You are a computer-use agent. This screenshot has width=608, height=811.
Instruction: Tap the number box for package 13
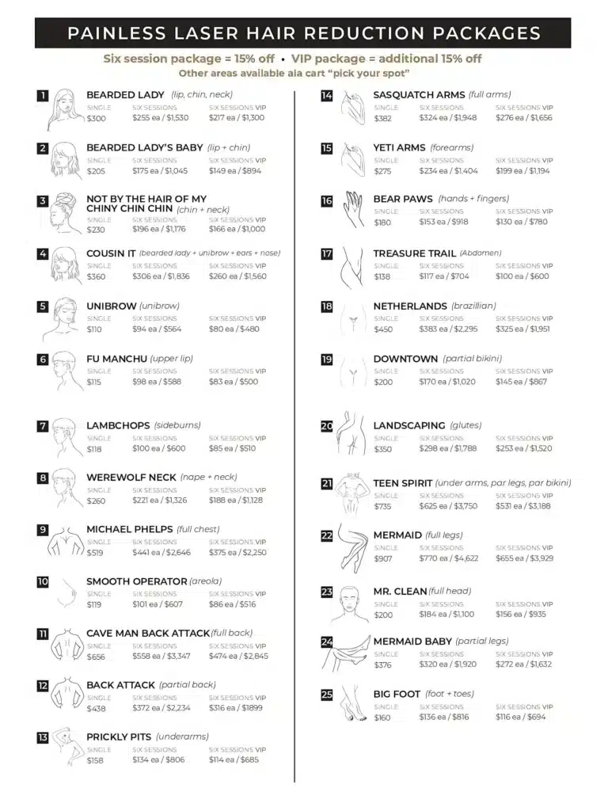pos(43,737)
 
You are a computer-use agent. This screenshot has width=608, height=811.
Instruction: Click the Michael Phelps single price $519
pos(96,553)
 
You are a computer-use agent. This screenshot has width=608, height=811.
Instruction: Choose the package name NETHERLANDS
pos(410,306)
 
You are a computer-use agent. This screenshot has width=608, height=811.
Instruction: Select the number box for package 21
pos(327,483)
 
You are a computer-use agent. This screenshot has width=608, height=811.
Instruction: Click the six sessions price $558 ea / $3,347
pos(161,656)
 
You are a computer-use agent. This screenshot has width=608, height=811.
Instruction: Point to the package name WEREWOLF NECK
pos(131,478)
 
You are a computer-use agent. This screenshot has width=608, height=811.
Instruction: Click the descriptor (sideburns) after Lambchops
pos(177,425)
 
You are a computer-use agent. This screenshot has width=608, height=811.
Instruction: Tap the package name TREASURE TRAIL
pos(414,253)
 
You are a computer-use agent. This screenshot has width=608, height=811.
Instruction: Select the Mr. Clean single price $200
pos(383,614)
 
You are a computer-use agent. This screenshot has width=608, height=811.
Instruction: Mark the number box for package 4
pos(43,254)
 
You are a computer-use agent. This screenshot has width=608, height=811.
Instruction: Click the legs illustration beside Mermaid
pos(350,546)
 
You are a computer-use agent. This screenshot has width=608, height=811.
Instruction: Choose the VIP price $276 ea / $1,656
pos(523,118)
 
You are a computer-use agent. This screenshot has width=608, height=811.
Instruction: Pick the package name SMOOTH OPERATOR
pos(136,581)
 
